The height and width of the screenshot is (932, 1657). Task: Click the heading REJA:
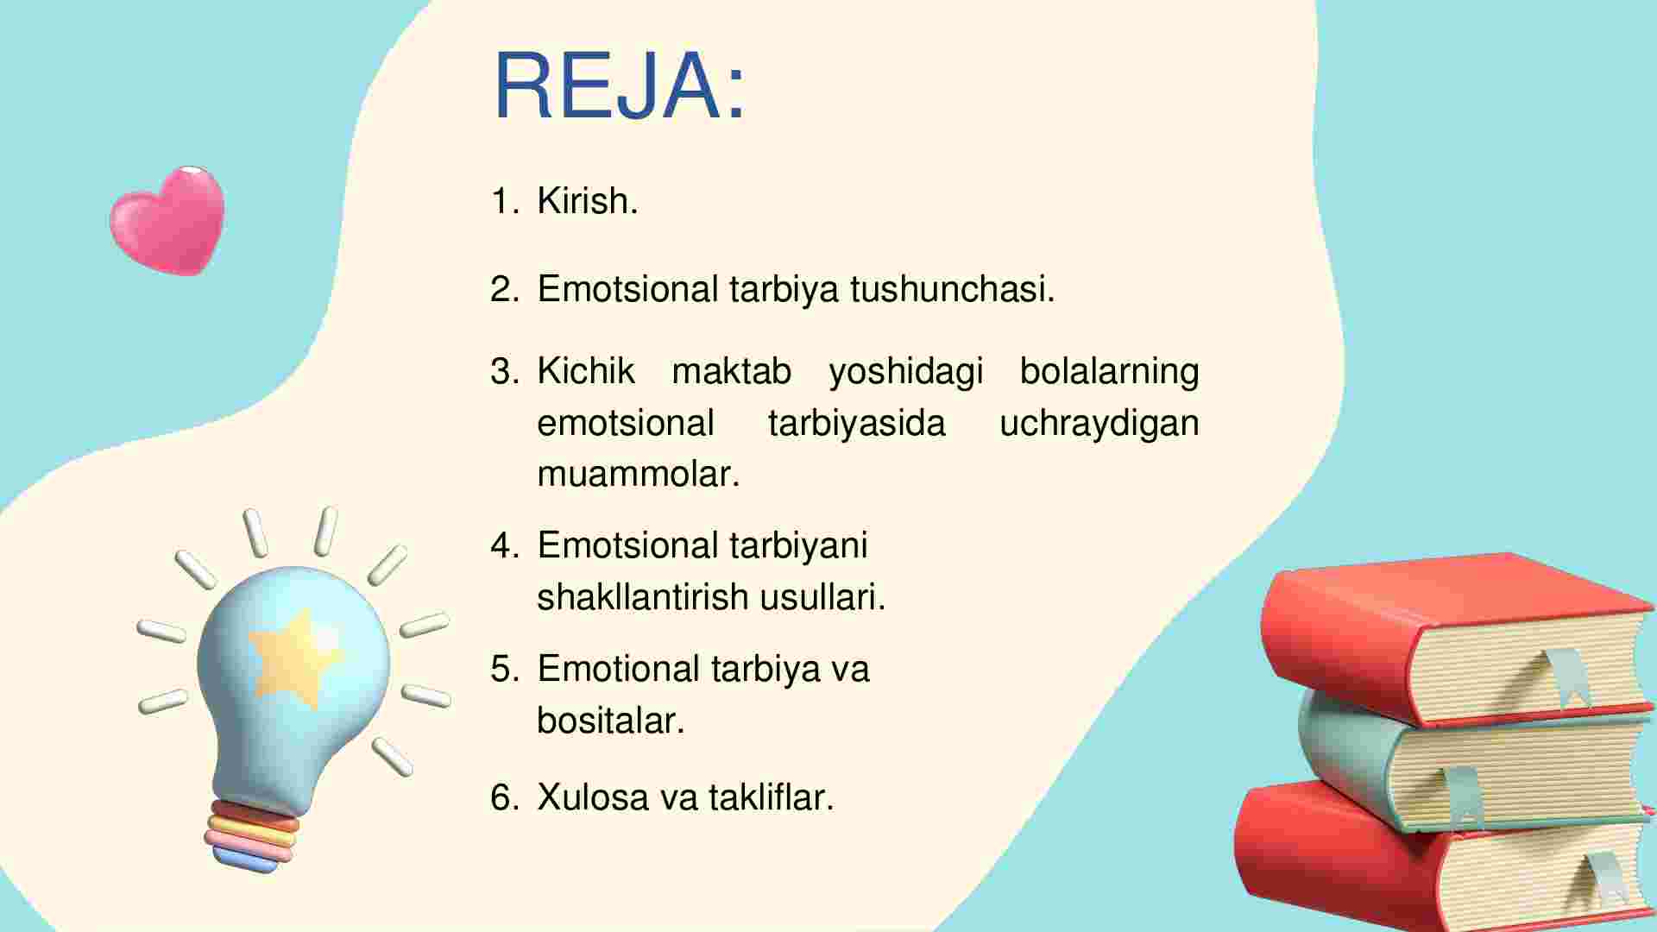(x=619, y=86)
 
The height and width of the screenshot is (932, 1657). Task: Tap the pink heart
(x=167, y=221)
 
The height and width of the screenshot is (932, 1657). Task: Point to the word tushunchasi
(x=952, y=289)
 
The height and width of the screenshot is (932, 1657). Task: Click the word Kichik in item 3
(x=586, y=371)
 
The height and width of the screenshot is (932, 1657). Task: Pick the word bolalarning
(x=1109, y=372)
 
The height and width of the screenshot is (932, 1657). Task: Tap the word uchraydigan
(x=1099, y=424)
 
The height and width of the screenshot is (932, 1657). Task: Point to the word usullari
(x=822, y=596)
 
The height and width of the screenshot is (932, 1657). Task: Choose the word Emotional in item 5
(x=619, y=669)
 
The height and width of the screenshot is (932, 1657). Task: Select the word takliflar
(x=772, y=797)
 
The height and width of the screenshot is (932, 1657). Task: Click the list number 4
(x=505, y=545)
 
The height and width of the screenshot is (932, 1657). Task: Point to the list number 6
(x=505, y=797)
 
